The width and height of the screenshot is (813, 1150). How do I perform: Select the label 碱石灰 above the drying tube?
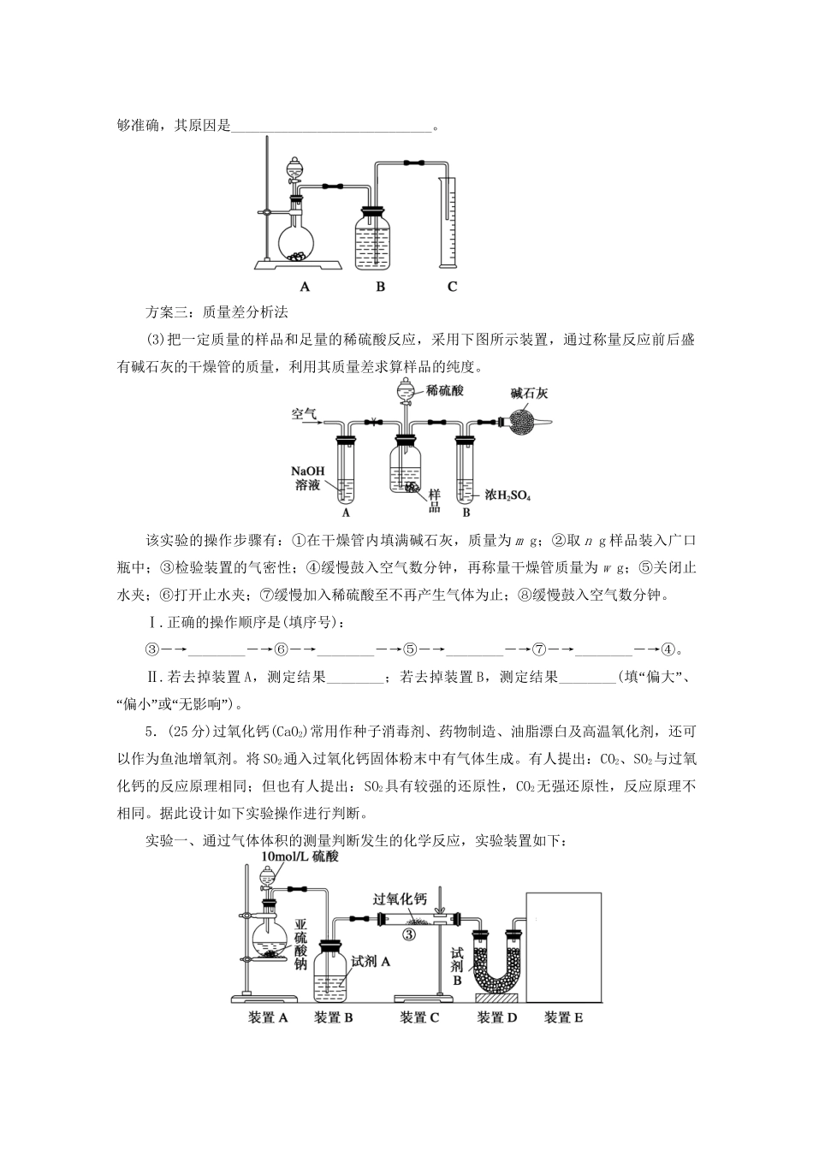tap(529, 393)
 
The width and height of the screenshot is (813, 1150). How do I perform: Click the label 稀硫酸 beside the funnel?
tap(445, 390)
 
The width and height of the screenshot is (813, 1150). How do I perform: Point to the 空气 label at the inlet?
tap(304, 414)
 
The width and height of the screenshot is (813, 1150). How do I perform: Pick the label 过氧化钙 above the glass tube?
tap(400, 898)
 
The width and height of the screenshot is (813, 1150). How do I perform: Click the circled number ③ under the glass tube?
tap(409, 934)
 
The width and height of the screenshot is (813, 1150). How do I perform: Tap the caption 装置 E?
tap(563, 1017)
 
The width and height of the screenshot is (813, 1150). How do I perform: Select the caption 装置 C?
tap(419, 1017)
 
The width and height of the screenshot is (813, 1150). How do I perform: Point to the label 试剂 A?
tap(371, 961)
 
